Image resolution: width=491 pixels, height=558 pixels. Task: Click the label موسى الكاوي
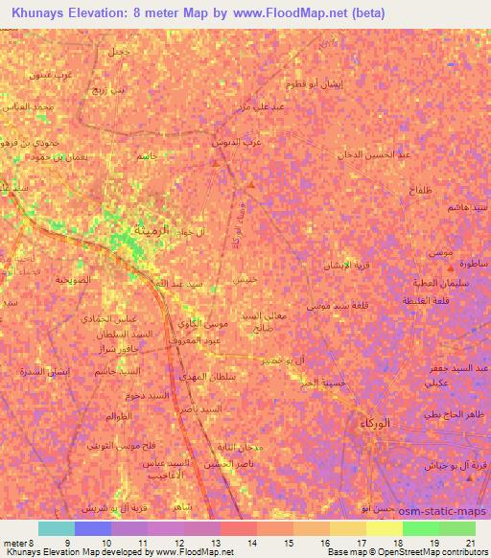pos(203,327)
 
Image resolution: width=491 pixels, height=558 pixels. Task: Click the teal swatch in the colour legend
pos(56,528)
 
